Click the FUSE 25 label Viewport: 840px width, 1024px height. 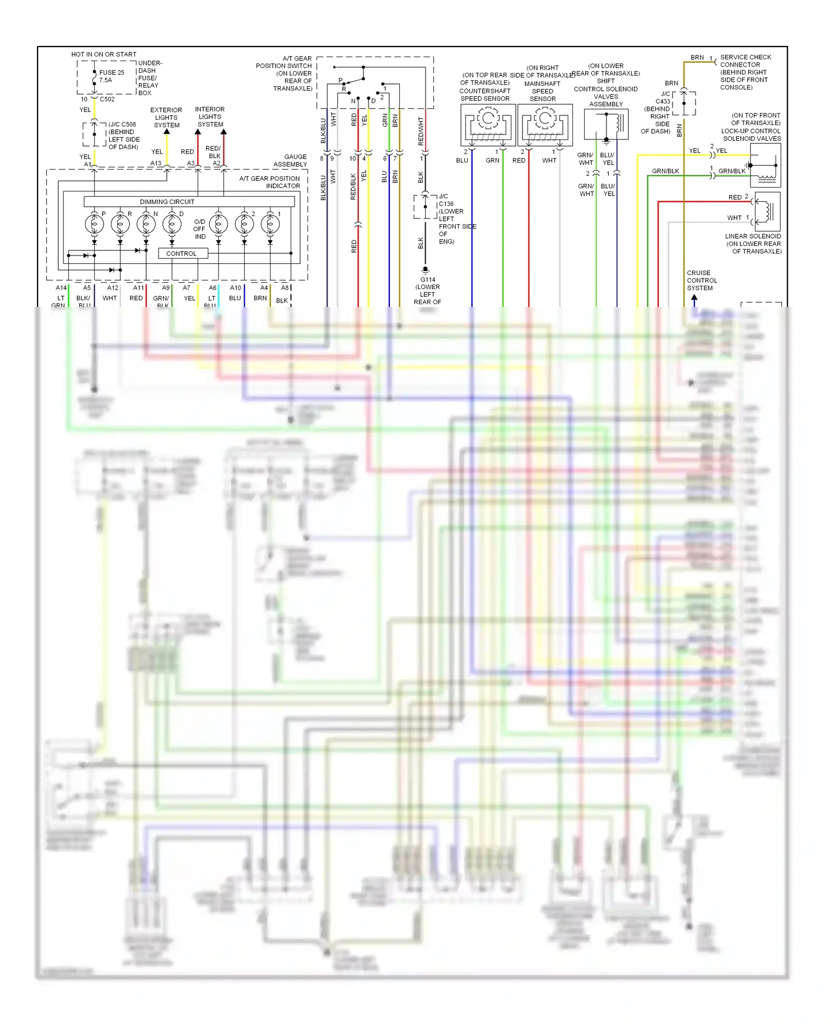click(111, 72)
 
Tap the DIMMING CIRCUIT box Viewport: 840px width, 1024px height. click(167, 202)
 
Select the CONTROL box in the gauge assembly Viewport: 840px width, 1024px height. click(181, 253)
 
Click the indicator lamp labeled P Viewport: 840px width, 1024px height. click(94, 224)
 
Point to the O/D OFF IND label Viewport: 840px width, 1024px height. click(199, 229)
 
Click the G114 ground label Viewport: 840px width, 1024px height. click(428, 280)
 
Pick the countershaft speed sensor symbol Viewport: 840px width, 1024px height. click(487, 125)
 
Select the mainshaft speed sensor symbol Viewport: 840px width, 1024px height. click(544, 125)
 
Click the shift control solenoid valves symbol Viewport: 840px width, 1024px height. click(605, 124)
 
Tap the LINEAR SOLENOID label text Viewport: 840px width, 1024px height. click(753, 236)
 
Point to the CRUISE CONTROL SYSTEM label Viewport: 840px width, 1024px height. click(702, 280)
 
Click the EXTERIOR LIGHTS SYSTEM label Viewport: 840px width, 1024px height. click(166, 118)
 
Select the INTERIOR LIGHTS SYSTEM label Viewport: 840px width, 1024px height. click(210, 117)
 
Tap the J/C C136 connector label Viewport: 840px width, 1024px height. click(446, 201)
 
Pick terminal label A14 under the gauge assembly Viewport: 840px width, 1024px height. click(61, 288)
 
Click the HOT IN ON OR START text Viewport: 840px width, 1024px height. click(104, 54)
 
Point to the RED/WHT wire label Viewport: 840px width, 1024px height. click(421, 132)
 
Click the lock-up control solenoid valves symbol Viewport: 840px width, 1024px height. click(764, 165)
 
